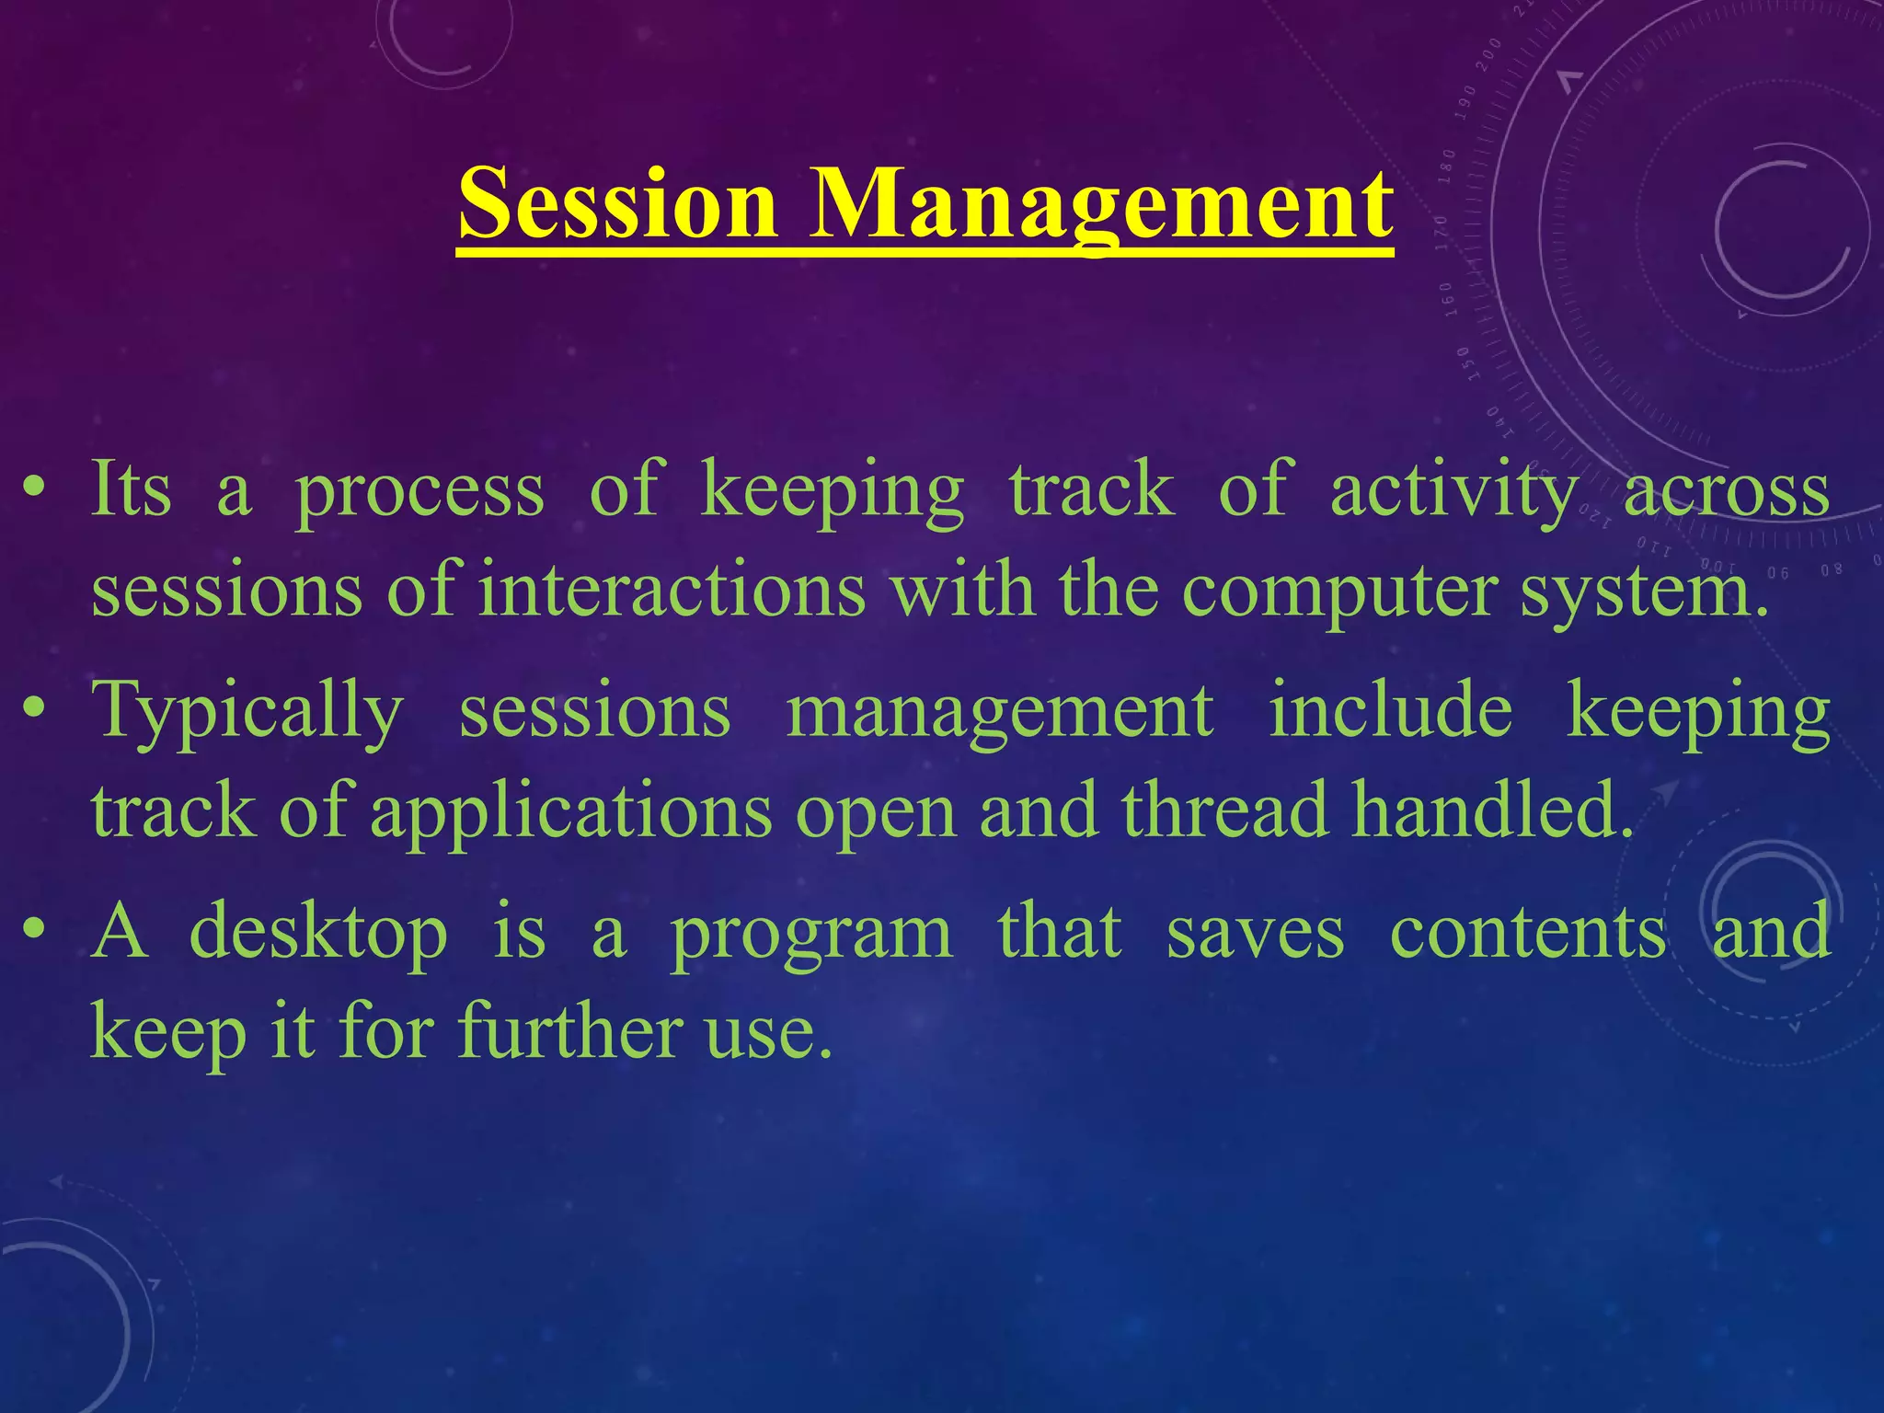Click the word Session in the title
tap(617, 204)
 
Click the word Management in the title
tap(1100, 204)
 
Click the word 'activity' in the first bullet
tap(1453, 491)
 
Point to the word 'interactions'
tap(672, 589)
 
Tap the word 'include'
tap(1390, 710)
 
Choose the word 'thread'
tap(1224, 810)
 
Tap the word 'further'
tap(570, 1030)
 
